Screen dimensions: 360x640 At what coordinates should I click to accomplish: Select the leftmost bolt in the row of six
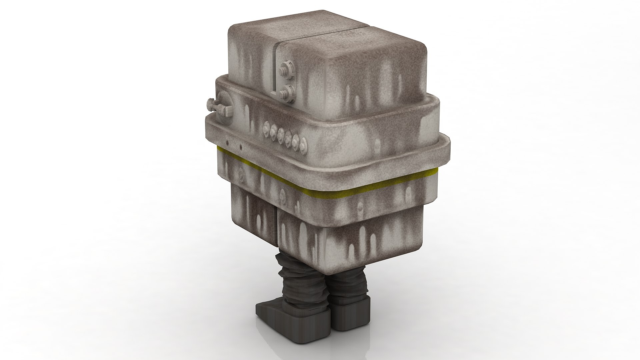(267, 127)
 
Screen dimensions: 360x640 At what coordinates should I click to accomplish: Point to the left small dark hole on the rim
(227, 142)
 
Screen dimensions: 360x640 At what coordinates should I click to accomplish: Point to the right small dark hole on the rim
(241, 146)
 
